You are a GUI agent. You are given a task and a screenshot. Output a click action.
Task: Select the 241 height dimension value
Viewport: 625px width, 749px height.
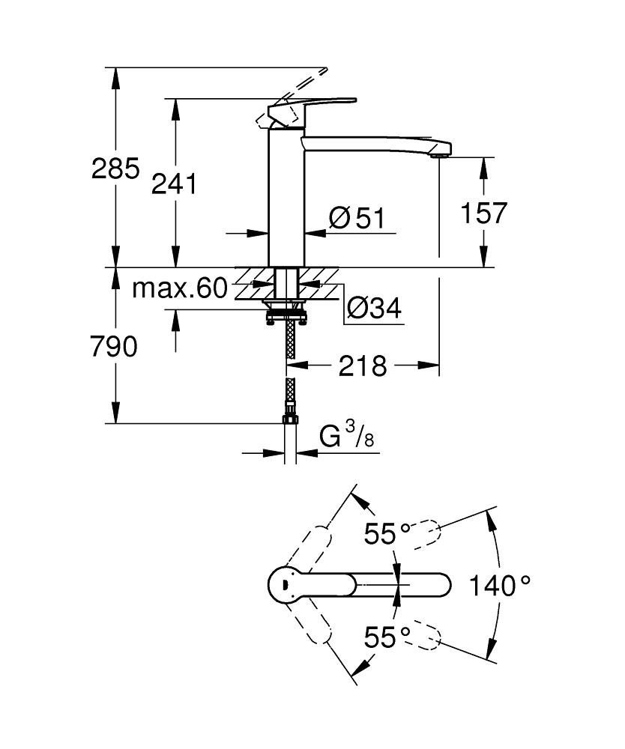pos(174,184)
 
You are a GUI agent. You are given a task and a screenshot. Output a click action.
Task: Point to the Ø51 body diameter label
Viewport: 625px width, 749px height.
pos(357,219)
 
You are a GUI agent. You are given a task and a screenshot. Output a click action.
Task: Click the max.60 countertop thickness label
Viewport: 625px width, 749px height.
pos(179,288)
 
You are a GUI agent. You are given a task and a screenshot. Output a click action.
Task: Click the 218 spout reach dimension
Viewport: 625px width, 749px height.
pos(363,366)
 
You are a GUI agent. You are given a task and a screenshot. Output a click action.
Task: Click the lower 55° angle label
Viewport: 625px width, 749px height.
pos(387,637)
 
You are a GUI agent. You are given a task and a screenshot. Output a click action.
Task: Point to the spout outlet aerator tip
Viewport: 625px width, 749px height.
pos(441,155)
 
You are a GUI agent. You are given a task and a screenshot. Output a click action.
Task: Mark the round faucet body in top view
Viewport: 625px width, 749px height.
pos(285,584)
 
